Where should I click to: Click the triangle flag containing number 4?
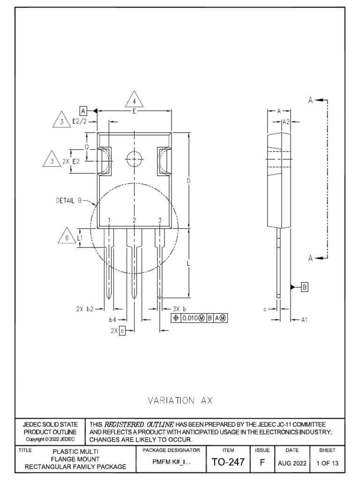[134, 101]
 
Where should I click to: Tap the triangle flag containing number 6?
[67, 237]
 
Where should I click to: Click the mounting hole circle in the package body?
[135, 159]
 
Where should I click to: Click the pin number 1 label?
[109, 220]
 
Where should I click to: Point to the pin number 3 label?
[159, 220]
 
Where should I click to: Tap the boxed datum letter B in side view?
[304, 287]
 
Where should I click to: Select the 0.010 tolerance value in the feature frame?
[191, 318]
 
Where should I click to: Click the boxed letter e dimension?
[122, 330]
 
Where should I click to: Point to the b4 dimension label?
[112, 320]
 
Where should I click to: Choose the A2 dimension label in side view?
[285, 121]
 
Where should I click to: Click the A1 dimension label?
[304, 320]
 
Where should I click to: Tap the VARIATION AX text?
[180, 400]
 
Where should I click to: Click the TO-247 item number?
[228, 462]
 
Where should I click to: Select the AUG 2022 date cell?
[292, 463]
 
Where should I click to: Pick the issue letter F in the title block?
[262, 462]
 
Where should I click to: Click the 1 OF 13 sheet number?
[327, 463]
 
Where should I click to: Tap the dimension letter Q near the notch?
[86, 147]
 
